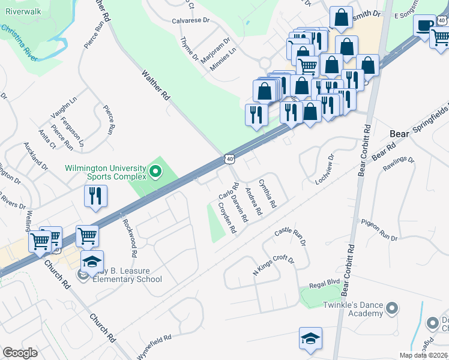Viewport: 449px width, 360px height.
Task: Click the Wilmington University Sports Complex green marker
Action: [155, 173]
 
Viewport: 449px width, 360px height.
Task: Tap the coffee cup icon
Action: [425, 26]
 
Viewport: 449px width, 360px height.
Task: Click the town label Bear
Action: [399, 134]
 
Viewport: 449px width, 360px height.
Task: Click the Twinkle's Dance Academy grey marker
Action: [392, 308]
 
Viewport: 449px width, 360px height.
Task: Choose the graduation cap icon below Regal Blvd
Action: [310, 339]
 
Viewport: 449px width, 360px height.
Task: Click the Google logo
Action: [20, 352]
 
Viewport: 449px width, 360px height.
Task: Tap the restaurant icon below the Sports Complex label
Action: [96, 196]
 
